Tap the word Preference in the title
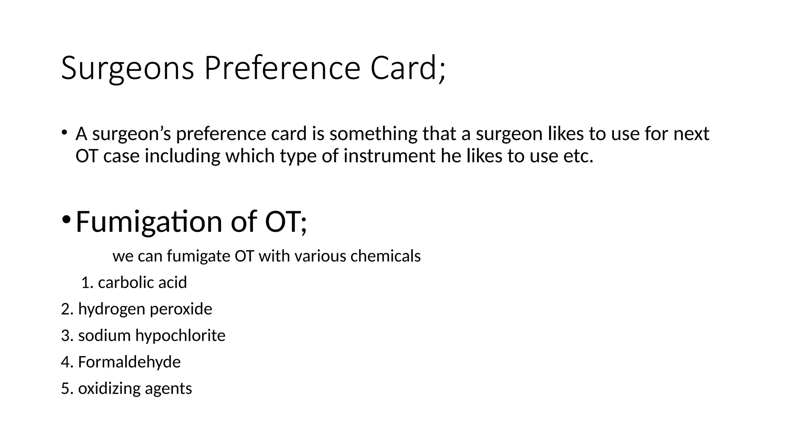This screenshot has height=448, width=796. (282, 68)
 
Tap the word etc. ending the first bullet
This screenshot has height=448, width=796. (578, 156)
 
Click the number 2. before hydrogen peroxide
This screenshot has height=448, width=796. (67, 309)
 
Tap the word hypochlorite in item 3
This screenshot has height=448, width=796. (180, 336)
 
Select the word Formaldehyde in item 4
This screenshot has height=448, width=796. (129, 362)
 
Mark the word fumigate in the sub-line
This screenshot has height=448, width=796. (199, 257)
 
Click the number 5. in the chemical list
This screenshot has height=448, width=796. (67, 388)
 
